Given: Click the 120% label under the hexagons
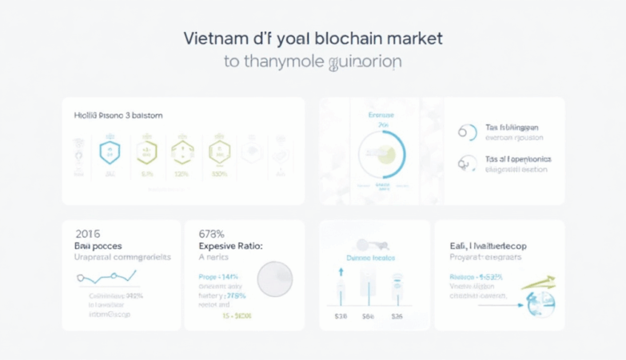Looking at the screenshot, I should pyautogui.click(x=181, y=174).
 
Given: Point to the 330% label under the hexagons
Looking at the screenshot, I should pyautogui.click(x=218, y=174).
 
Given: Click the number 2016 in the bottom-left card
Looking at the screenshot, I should pyautogui.click(x=88, y=234).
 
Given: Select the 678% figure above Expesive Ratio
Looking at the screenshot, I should pyautogui.click(x=212, y=234).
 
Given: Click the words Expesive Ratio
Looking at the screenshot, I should pyautogui.click(x=231, y=247).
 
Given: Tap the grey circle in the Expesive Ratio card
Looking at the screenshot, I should pyautogui.click(x=274, y=279).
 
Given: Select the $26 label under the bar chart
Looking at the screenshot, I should pyautogui.click(x=397, y=317).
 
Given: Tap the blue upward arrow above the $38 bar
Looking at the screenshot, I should pyautogui.click(x=341, y=272).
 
